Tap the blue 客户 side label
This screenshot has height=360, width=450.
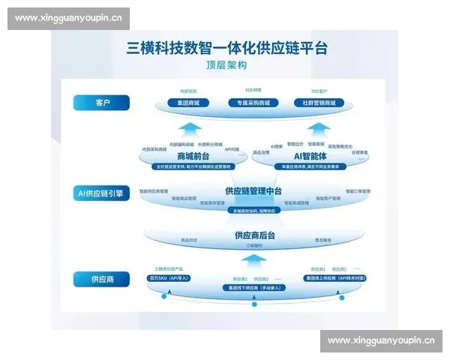(x=101, y=102)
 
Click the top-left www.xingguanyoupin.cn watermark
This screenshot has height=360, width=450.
(x=68, y=19)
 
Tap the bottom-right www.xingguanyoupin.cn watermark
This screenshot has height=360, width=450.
(x=381, y=341)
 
